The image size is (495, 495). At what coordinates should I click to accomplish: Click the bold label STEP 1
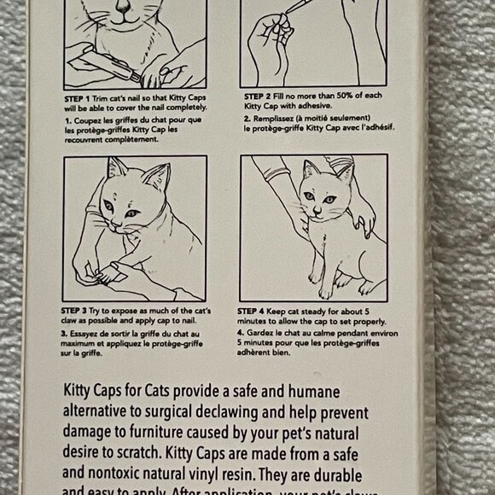click(78, 100)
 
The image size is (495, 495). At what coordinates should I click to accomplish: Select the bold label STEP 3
click(78, 308)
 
